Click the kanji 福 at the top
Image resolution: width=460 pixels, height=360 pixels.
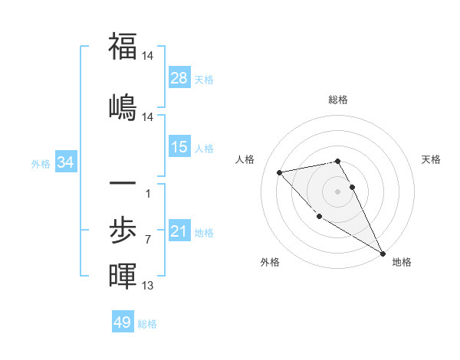[123, 47]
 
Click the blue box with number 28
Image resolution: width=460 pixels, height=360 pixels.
[179, 78]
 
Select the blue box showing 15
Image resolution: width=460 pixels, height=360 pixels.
[179, 147]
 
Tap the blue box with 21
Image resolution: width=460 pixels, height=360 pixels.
[179, 231]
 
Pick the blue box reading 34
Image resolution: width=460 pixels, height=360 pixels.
[66, 162]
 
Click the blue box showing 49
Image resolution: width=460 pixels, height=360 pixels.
[123, 322]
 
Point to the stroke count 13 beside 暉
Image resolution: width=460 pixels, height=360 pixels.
[147, 286]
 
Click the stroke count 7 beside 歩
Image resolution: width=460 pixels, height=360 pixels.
[147, 240]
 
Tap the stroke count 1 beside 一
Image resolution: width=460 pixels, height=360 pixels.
[147, 193]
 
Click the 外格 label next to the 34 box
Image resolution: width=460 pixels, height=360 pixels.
[41, 163]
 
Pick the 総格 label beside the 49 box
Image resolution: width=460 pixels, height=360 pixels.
[147, 324]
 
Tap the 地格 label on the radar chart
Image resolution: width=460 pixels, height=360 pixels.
[402, 262]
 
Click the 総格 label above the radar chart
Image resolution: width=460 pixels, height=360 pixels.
[338, 100]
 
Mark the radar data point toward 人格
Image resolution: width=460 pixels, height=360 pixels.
[280, 172]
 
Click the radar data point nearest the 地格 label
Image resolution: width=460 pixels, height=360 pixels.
[383, 254]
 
